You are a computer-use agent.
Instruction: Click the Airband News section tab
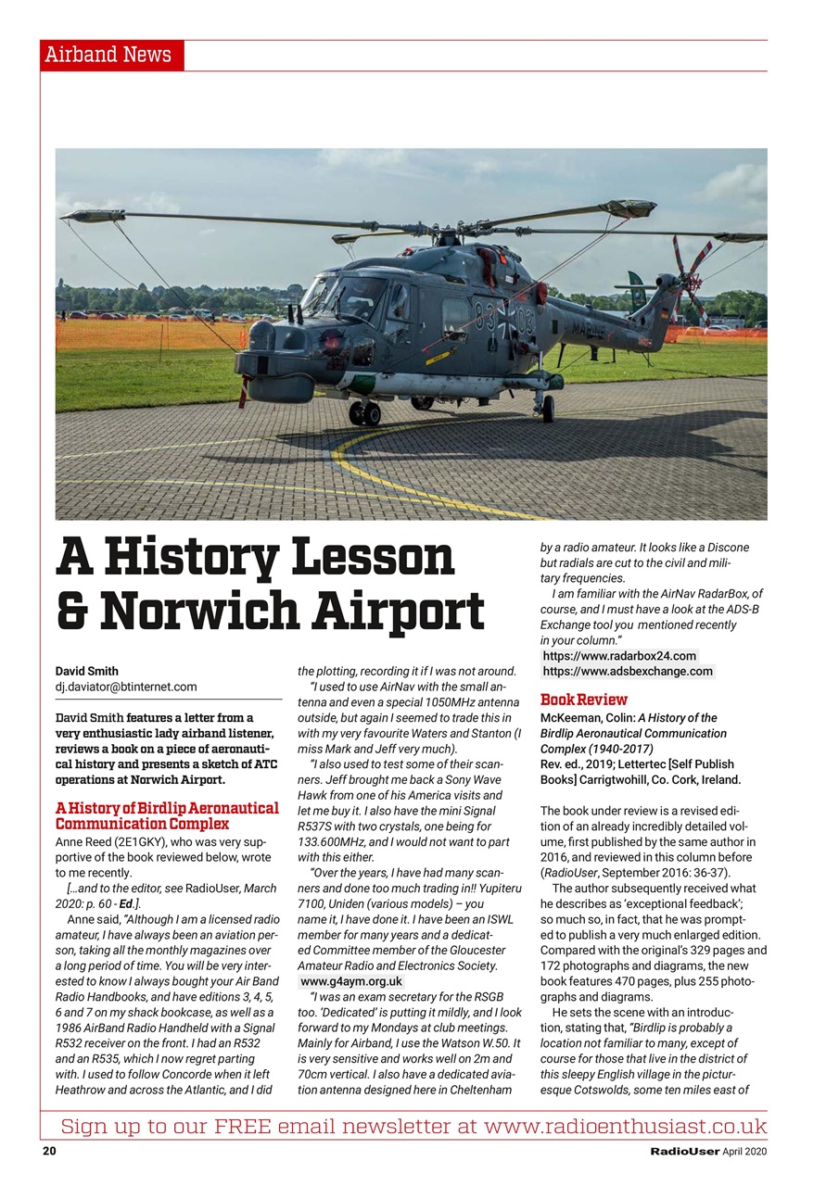click(x=112, y=55)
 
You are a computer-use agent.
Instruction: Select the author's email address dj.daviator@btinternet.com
click(x=126, y=687)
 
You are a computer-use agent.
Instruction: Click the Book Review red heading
click(x=584, y=700)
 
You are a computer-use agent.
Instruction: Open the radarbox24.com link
click(x=619, y=656)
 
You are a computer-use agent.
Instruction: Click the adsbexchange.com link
click(x=628, y=671)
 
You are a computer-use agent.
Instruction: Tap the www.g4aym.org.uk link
click(x=351, y=980)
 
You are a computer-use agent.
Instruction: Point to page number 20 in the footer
click(x=49, y=1152)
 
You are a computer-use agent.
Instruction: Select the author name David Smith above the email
click(x=87, y=671)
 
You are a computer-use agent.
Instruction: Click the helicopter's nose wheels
click(x=364, y=412)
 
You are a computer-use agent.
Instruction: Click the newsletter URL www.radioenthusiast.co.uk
click(x=625, y=1127)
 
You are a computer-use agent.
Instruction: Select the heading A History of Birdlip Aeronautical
click(x=167, y=808)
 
